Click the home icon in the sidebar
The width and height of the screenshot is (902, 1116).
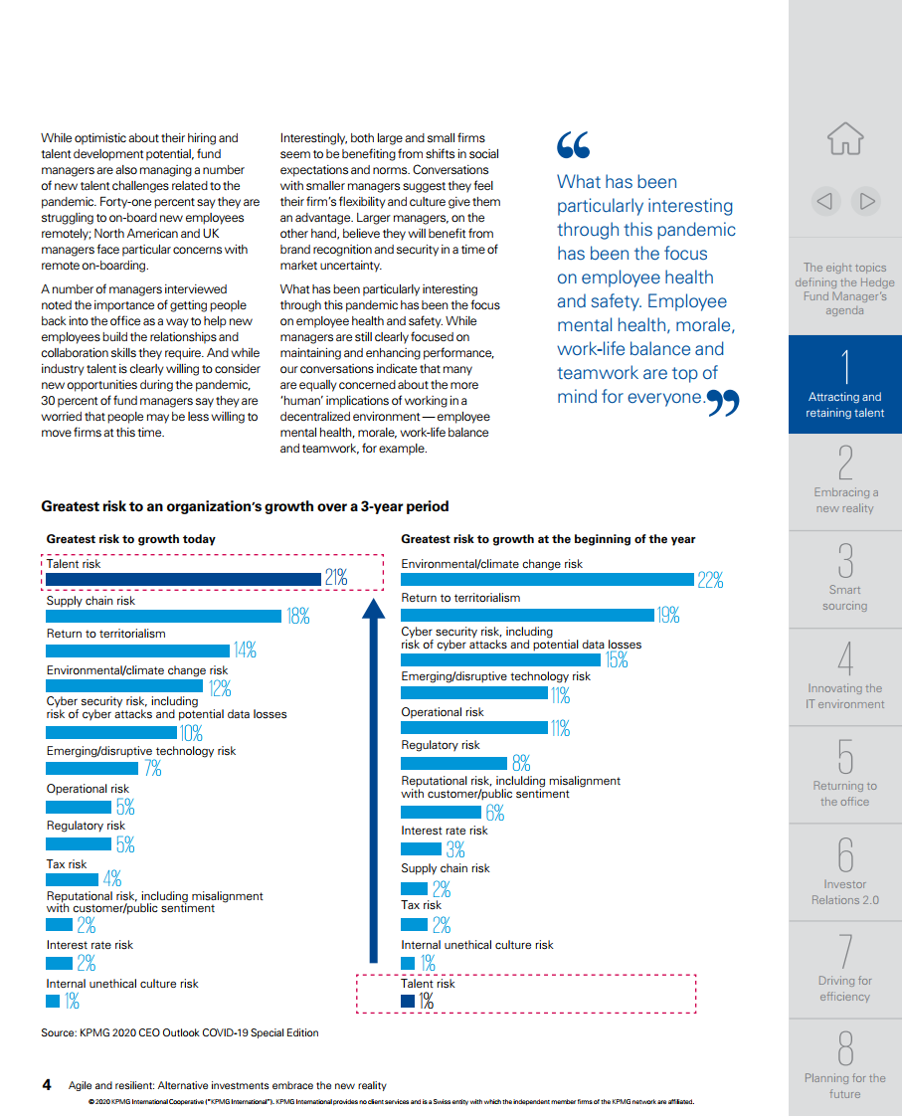coord(845,138)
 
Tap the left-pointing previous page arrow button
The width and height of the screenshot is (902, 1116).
coord(825,202)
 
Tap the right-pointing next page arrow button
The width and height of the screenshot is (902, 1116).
coord(866,202)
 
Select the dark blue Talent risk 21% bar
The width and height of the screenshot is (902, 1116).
coord(184,579)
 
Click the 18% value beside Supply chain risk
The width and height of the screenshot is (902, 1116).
coord(298,616)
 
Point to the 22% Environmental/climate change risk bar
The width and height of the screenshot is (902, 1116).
coord(547,579)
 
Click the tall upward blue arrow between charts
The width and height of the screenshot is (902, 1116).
coord(374,780)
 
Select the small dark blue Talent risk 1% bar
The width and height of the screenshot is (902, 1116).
coord(408,1001)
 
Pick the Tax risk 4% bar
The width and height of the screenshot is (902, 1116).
coord(72,879)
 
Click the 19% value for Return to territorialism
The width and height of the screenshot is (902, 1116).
coord(668,615)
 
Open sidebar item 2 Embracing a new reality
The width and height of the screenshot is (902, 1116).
coord(845,481)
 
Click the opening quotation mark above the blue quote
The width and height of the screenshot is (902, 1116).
coord(574,144)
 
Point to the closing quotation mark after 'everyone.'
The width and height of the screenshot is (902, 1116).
coord(723,403)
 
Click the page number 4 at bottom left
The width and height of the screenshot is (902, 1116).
coord(47,1085)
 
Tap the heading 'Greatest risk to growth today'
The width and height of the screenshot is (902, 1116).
coord(131,539)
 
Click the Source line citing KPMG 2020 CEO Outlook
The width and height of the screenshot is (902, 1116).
coord(180,1032)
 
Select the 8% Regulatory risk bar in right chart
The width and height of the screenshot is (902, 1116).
coord(453,763)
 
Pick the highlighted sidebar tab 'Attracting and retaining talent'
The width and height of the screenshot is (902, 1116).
coord(845,384)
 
